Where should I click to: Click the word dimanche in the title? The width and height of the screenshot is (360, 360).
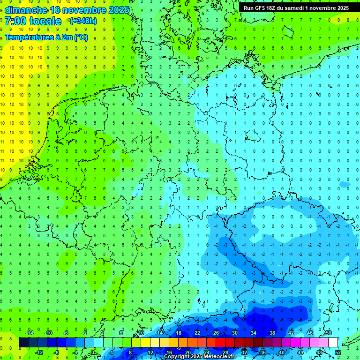[x=26, y=10]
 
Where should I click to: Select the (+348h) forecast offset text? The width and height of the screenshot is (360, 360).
[x=83, y=21]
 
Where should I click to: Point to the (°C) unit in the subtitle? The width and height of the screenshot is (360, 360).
[x=81, y=37]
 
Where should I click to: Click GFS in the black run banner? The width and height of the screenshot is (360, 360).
[x=262, y=7]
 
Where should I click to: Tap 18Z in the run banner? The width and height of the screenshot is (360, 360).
[x=274, y=7]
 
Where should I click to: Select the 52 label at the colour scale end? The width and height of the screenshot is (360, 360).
[x=338, y=352]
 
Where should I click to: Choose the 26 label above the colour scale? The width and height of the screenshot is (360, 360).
[x=216, y=333]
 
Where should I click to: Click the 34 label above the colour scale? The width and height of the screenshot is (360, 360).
[x=254, y=333]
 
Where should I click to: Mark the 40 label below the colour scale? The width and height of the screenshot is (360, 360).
[x=282, y=352]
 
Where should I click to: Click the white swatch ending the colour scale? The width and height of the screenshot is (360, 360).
[x=333, y=343]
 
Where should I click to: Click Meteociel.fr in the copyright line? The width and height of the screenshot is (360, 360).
[x=217, y=357]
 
